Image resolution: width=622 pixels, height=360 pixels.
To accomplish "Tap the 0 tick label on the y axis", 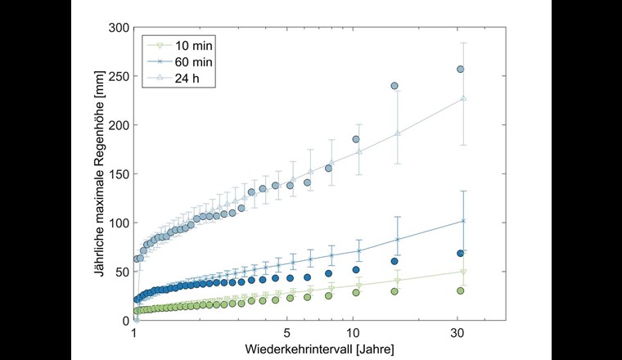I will pos(124,320).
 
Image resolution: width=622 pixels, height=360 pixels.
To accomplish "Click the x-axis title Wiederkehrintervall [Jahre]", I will pos(319,349).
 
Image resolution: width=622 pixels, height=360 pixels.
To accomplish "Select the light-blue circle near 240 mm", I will pos(394,86).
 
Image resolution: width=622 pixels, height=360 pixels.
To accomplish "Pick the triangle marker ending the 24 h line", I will pos(463,98).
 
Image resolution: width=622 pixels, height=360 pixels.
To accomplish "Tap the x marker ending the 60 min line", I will pos(463,220).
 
